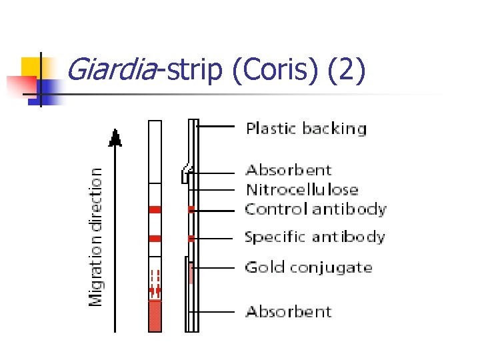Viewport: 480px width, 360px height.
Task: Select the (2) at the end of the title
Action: pyautogui.click(x=347, y=71)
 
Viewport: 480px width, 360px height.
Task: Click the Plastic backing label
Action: pyautogui.click(x=306, y=129)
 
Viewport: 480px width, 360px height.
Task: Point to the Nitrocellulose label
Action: pyautogui.click(x=302, y=190)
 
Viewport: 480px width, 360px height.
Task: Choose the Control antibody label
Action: pyautogui.click(x=315, y=209)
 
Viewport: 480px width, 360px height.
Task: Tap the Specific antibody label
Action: pyautogui.click(x=315, y=237)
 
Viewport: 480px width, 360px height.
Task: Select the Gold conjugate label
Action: pyautogui.click(x=309, y=268)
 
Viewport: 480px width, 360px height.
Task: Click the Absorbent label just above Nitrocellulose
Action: pyautogui.click(x=289, y=171)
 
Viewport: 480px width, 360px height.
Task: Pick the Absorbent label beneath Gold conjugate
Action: pyautogui.click(x=289, y=311)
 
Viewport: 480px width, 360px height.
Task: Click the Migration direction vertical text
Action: pyautogui.click(x=97, y=236)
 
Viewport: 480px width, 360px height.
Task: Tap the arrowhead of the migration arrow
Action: pyautogui.click(x=116, y=139)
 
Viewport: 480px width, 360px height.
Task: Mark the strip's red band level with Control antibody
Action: pyautogui.click(x=155, y=209)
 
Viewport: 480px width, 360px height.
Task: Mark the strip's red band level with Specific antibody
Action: pyautogui.click(x=155, y=238)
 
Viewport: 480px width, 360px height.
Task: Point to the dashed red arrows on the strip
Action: pyautogui.click(x=155, y=282)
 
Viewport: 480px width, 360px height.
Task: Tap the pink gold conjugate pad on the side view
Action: pyautogui.click(x=191, y=273)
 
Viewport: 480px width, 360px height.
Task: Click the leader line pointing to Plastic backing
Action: pyautogui.click(x=217, y=125)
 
